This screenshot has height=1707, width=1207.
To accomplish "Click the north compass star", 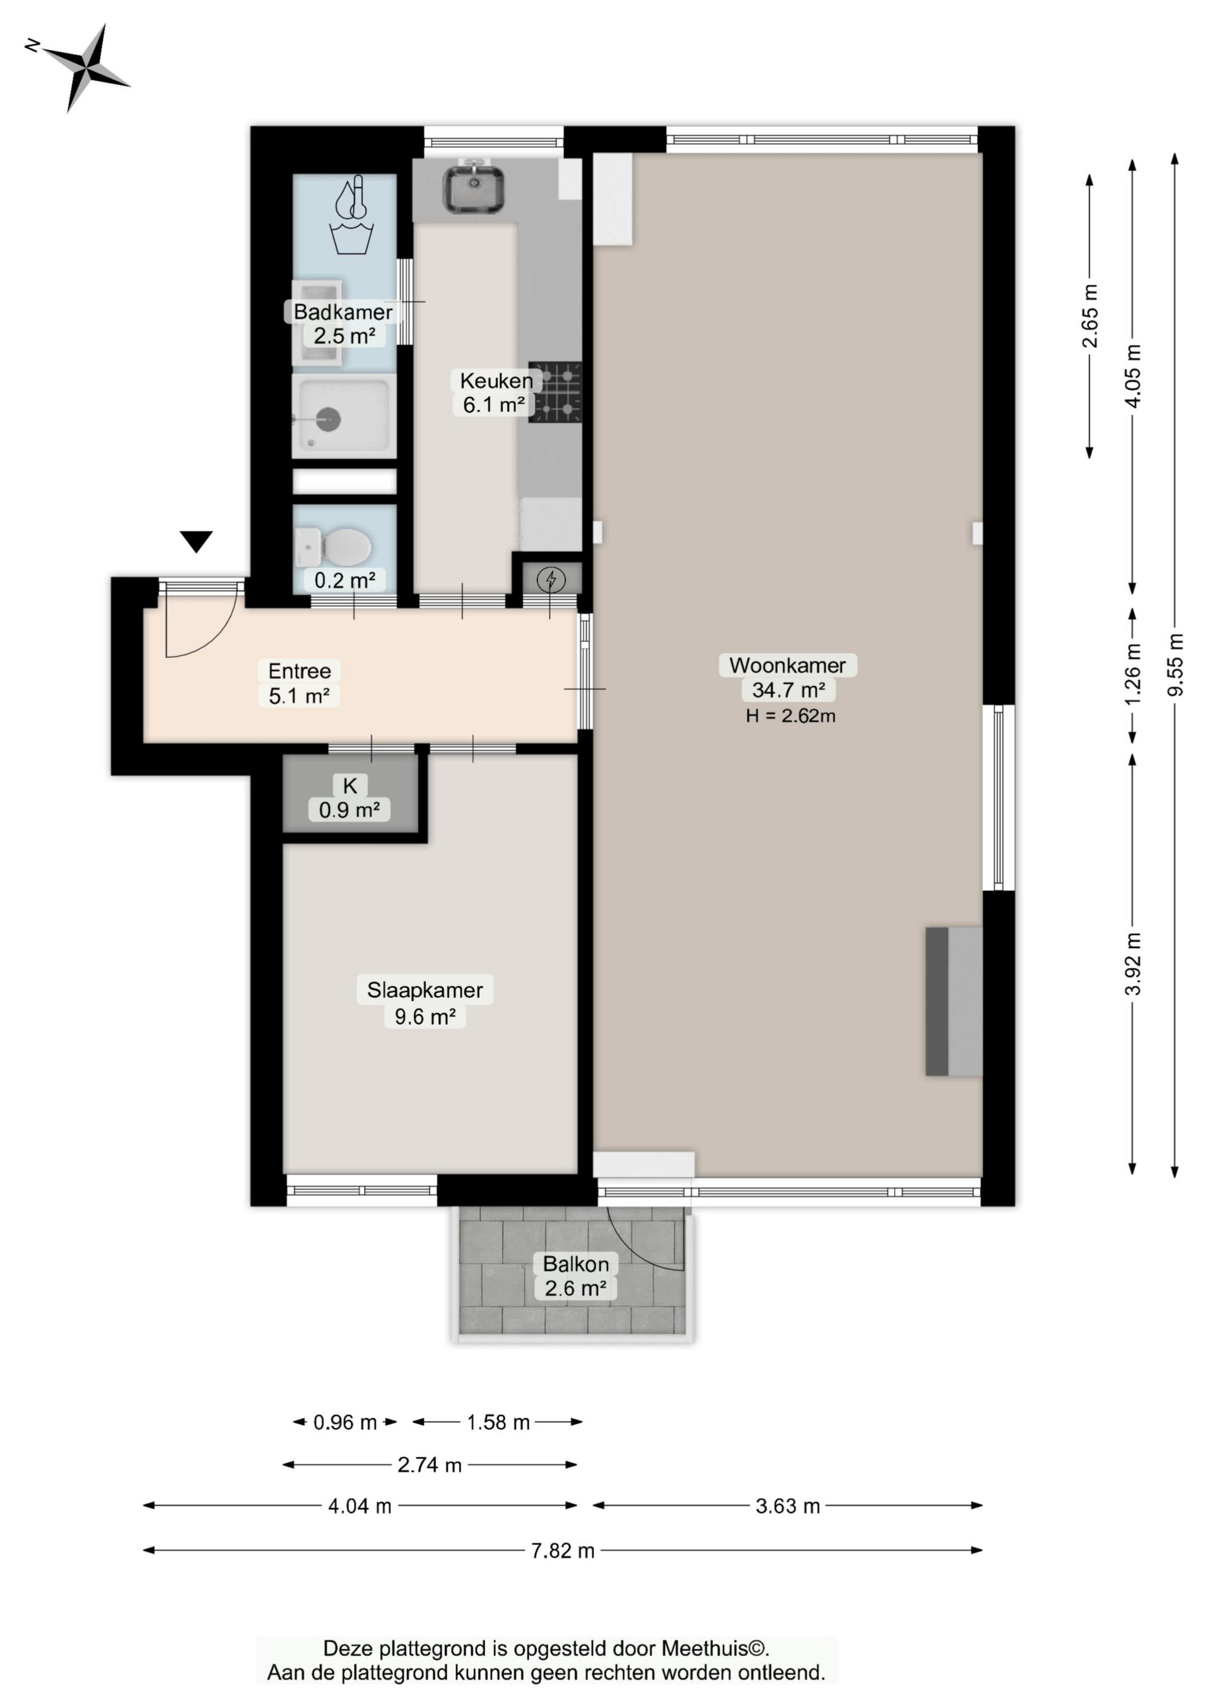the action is (84, 68).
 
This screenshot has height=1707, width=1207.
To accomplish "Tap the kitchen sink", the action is (473, 189).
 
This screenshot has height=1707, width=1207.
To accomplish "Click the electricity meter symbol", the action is (551, 579).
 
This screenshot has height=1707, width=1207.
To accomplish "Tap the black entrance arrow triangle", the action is (196, 541).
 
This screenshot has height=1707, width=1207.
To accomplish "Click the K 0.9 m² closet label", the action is (349, 797).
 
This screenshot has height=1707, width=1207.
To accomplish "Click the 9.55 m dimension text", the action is (1175, 665).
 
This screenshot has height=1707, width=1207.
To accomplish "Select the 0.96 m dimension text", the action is (345, 1422).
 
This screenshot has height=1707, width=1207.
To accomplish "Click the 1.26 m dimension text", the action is (1132, 674).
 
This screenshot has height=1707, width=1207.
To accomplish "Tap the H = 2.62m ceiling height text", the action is (790, 716).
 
